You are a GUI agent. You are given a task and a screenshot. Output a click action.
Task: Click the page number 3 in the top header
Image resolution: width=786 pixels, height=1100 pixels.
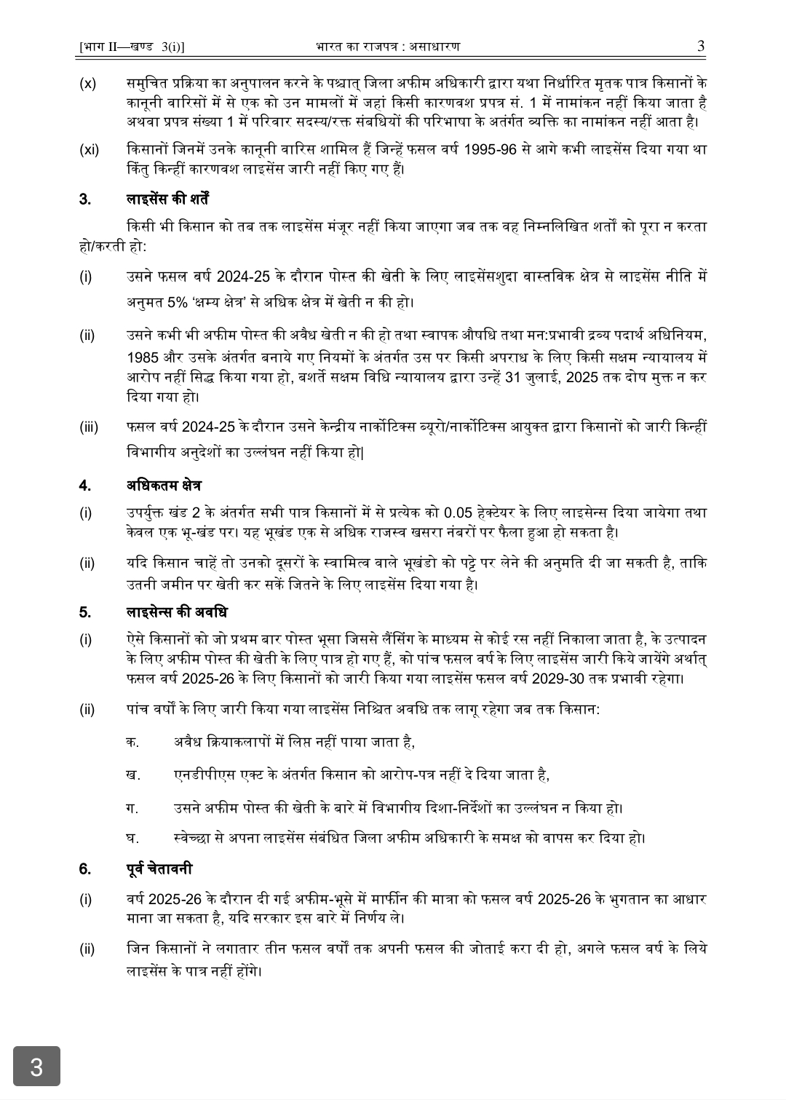(701, 46)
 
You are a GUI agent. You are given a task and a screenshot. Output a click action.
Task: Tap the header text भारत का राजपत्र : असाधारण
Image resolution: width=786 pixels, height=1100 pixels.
(388, 47)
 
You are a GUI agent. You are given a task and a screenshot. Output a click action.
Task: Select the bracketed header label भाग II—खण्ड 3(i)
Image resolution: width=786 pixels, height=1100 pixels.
(131, 47)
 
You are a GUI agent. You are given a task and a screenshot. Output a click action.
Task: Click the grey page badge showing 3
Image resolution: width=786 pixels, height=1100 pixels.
(36, 1067)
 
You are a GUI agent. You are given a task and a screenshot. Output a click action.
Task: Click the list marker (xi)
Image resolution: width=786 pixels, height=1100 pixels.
(89, 150)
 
